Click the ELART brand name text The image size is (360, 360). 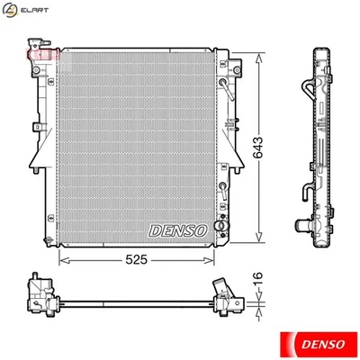[x=35, y=12]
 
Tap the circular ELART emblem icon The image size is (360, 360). [x=12, y=12]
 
